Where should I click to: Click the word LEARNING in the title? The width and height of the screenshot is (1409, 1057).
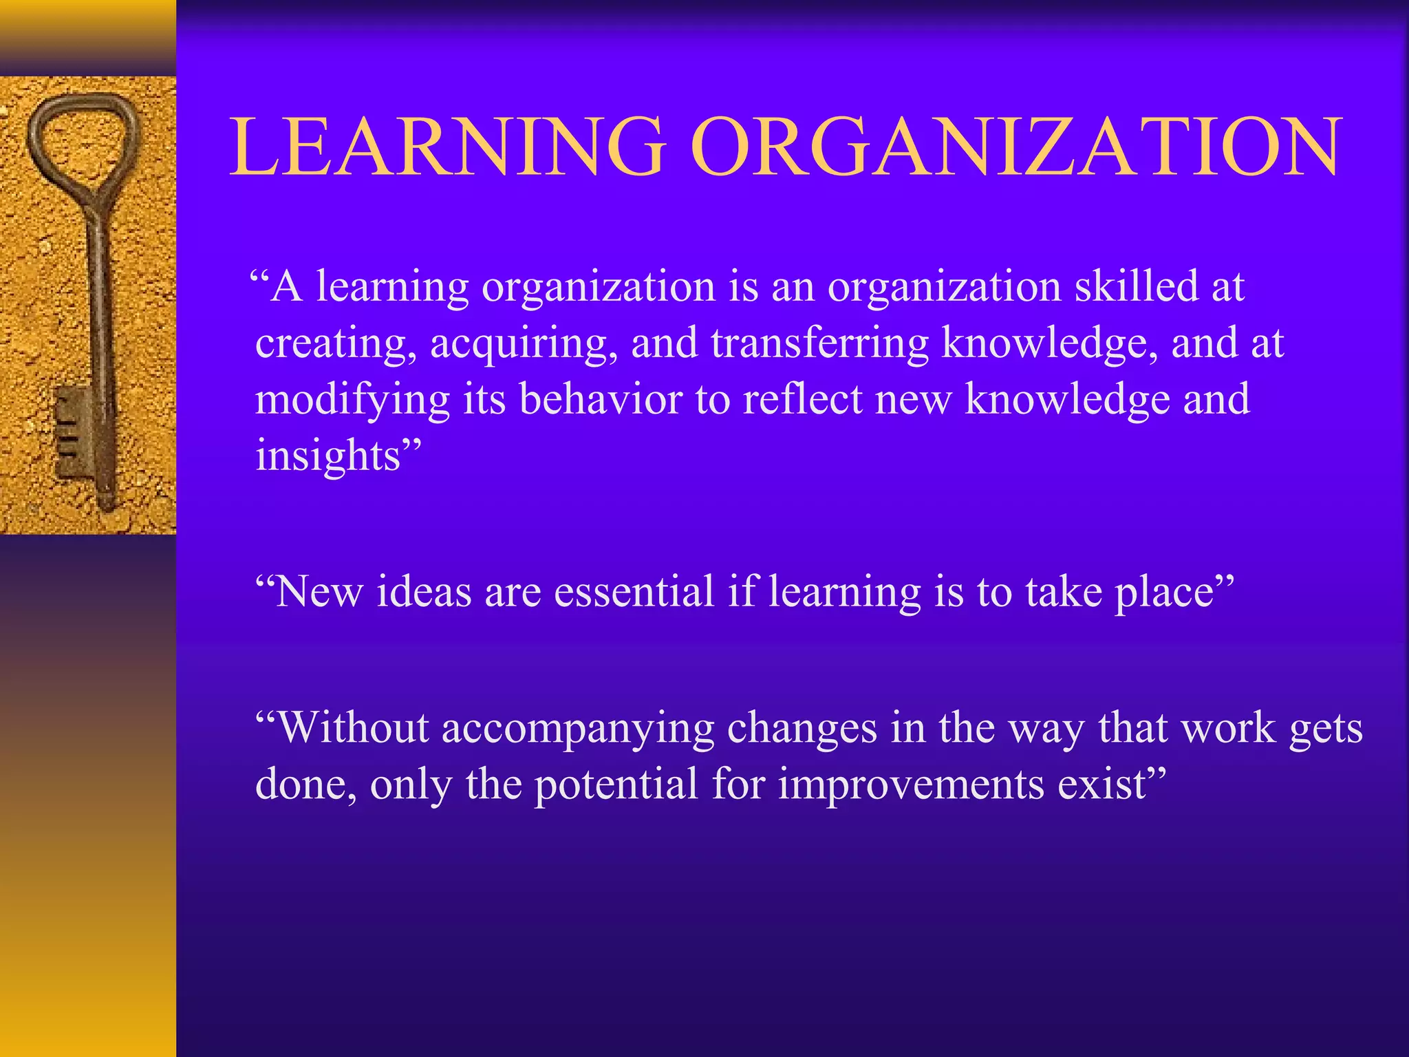pyautogui.click(x=448, y=147)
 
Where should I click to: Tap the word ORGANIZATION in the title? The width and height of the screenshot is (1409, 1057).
pyautogui.click(x=1016, y=147)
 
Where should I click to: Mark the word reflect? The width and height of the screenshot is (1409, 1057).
pyautogui.click(x=802, y=400)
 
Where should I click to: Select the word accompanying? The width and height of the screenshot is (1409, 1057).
pyautogui.click(x=578, y=729)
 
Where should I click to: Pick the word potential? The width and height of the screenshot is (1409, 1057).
pyautogui.click(x=616, y=784)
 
